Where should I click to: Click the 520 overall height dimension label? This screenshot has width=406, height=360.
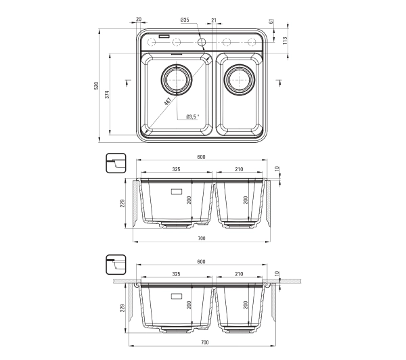[96, 86]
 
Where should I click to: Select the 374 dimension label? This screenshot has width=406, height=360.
[107, 95]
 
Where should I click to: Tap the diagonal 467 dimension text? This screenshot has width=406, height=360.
[168, 101]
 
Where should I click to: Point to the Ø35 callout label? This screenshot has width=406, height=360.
[185, 20]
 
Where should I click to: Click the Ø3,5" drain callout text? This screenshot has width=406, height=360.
[193, 117]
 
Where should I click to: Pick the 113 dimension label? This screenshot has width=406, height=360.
[285, 41]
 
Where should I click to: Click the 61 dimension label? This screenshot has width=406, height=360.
[271, 22]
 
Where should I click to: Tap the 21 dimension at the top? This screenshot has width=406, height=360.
[214, 20]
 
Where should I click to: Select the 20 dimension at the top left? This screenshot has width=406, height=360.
[139, 19]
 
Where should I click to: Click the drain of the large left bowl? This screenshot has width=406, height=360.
[177, 79]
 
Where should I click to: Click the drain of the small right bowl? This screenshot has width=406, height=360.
[240, 79]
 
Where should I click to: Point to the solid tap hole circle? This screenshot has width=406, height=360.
[202, 42]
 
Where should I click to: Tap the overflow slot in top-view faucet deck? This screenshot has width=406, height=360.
[164, 37]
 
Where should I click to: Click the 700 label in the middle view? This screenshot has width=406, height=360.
[202, 238]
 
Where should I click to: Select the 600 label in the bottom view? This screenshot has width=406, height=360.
[201, 262]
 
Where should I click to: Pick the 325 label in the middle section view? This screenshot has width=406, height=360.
[176, 169]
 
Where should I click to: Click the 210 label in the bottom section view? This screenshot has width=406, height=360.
[239, 274]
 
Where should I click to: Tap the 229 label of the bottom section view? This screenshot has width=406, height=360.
[122, 308]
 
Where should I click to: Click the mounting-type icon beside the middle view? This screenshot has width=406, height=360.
[116, 163]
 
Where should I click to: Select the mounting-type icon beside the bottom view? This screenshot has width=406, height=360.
[116, 265]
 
